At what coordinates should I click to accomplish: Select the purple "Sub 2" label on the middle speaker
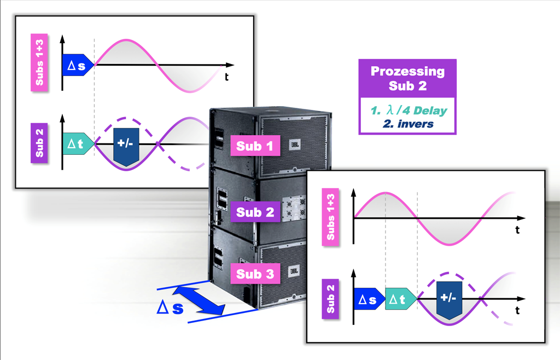coord(255,212)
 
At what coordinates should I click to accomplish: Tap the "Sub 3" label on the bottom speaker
coord(255,273)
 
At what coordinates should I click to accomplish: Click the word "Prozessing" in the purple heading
coord(407,71)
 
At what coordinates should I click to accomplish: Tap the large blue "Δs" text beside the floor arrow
coord(170,309)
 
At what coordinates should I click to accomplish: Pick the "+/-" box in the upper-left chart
coord(126,145)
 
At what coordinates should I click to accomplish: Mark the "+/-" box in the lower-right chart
coord(450,299)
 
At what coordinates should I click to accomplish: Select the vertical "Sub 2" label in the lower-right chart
coord(330,299)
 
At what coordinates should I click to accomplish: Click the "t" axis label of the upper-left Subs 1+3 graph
coord(226,77)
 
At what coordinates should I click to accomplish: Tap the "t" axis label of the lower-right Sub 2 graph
coord(517,310)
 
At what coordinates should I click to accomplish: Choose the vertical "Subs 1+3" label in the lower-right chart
coord(330,217)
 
